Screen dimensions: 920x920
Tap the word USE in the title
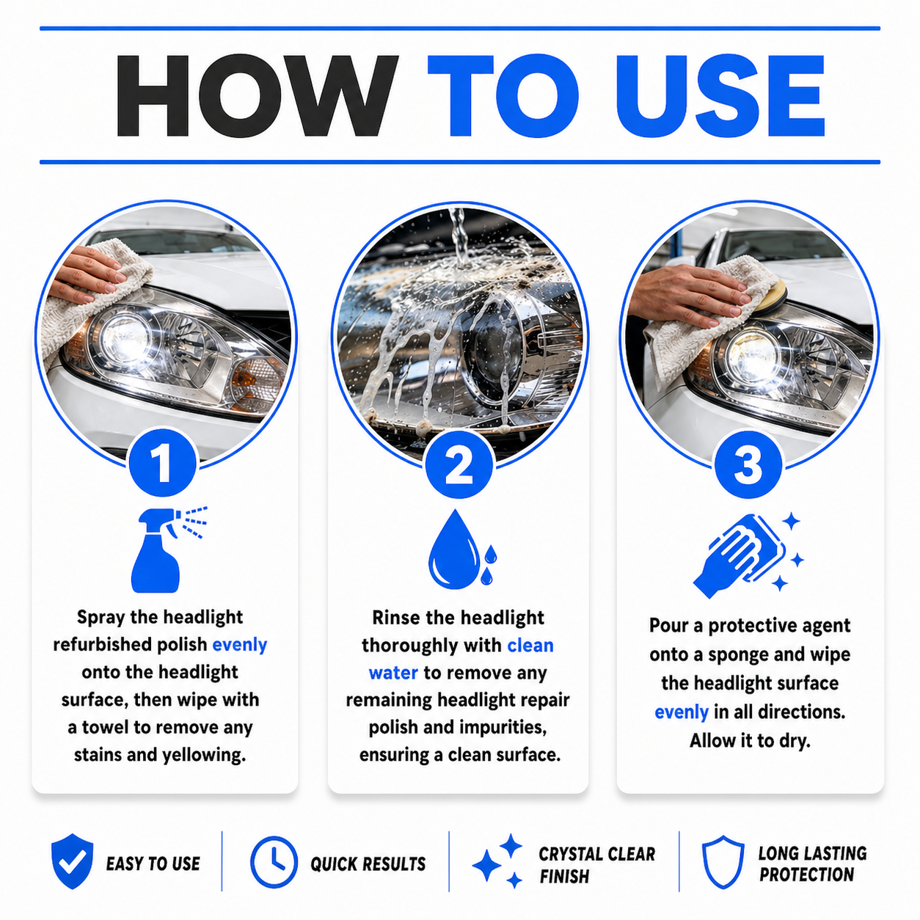tap(720, 96)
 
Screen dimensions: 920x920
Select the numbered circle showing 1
tap(162, 463)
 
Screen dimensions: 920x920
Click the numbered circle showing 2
tap(459, 464)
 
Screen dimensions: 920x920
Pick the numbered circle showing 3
tap(748, 464)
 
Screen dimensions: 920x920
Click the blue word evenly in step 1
tap(239, 645)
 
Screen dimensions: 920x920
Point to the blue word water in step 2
tap(393, 673)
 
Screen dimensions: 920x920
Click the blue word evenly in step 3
tap(681, 712)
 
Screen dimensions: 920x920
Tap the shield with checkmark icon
tap(72, 861)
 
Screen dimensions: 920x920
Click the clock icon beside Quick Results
tap(274, 862)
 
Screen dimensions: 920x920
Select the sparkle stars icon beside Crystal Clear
tap(497, 861)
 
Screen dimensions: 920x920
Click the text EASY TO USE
tap(153, 864)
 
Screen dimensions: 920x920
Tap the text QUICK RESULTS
tap(368, 864)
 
